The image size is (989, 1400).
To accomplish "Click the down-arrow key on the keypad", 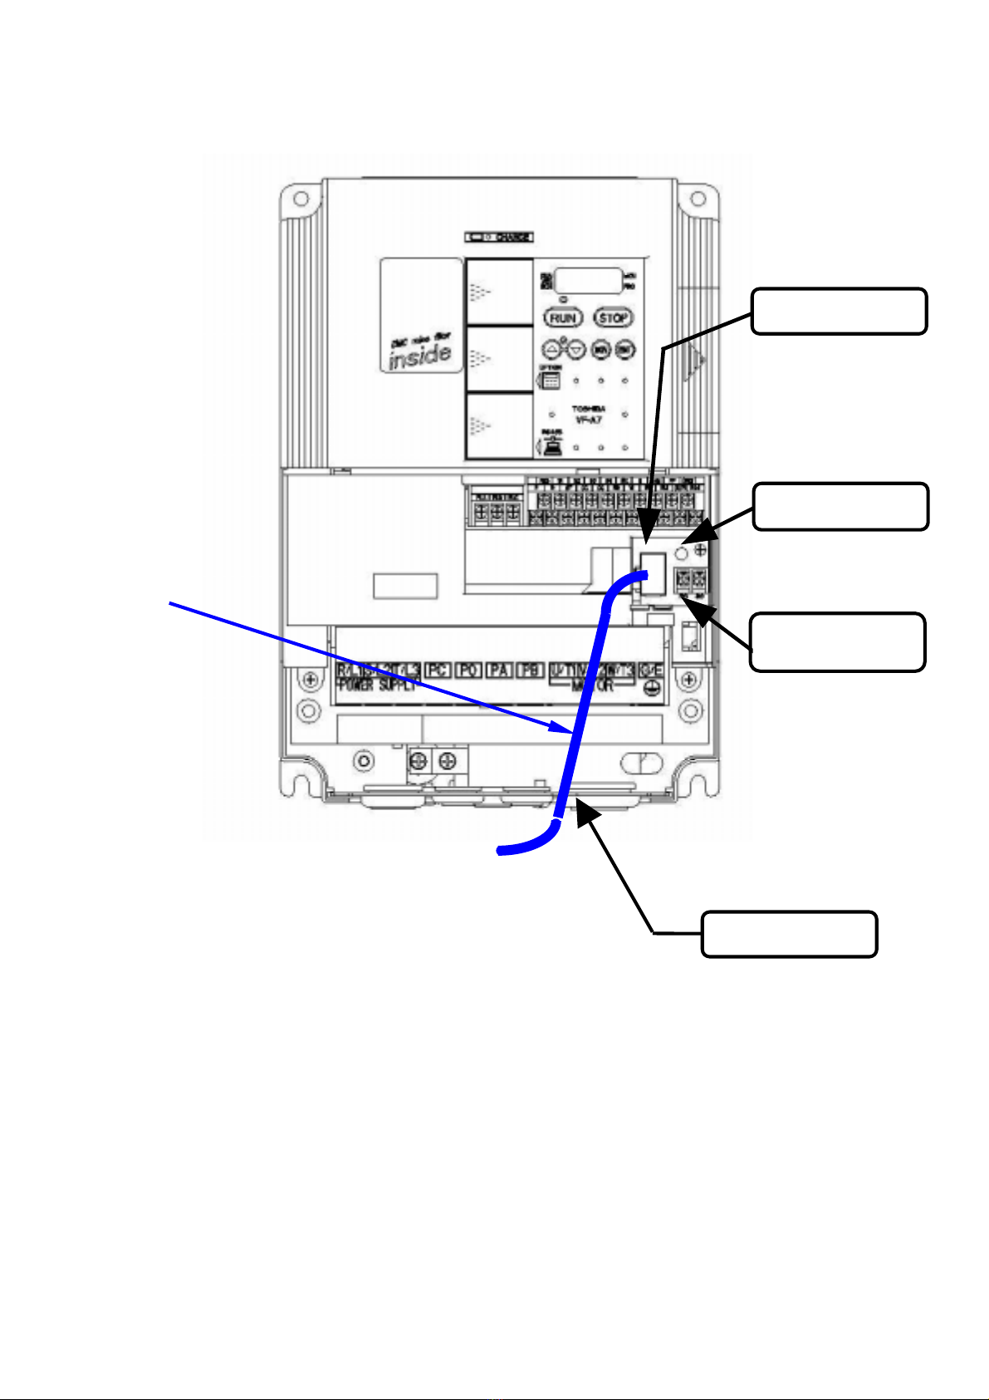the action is click(576, 350).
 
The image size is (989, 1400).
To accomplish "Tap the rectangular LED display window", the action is click(589, 281).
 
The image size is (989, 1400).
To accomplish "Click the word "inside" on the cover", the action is click(421, 356).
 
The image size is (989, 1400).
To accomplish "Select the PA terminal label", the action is click(498, 671).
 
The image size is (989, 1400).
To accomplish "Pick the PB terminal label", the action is click(529, 671).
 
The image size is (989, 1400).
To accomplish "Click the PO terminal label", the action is click(468, 671).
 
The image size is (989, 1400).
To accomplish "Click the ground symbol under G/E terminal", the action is click(650, 687).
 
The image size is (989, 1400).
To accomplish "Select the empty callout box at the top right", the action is click(839, 311).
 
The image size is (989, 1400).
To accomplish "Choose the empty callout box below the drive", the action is click(789, 934).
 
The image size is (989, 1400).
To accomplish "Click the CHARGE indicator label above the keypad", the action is click(499, 237).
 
